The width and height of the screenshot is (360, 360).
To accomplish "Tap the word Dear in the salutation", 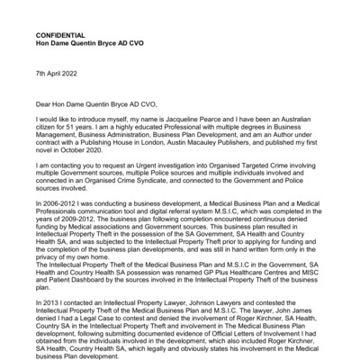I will point(41,104).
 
